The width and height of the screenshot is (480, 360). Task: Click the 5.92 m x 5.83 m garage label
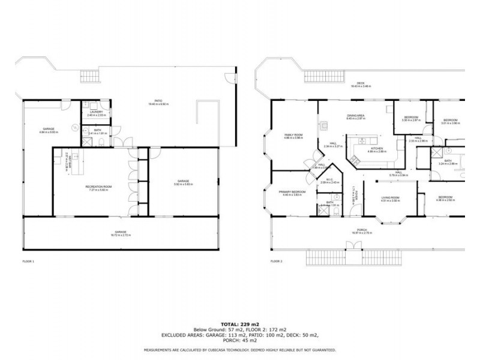tap(184, 184)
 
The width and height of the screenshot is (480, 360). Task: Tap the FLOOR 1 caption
tap(28, 262)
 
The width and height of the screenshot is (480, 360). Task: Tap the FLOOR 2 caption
tap(276, 262)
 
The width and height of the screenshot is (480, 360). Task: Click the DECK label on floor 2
tap(361, 83)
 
